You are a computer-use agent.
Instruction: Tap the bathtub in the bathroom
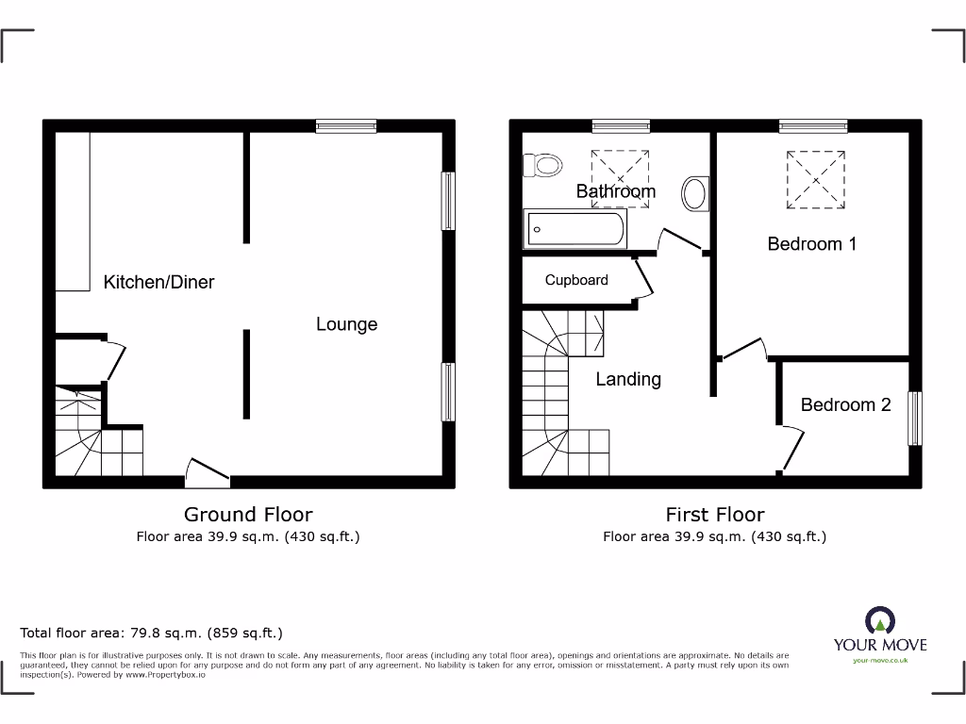coord(575,229)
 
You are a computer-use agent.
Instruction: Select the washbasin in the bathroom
coord(695,193)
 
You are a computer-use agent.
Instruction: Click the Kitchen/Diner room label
coord(158,282)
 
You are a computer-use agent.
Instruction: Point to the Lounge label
coord(346,324)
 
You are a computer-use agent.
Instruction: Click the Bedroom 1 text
coord(811,244)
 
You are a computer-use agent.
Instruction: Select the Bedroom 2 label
coord(845,404)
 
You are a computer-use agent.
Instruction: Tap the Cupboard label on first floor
coord(576,280)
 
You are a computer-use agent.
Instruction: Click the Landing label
coord(627,379)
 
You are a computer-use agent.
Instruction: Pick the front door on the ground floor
coord(208,472)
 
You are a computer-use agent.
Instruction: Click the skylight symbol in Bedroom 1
coord(816,179)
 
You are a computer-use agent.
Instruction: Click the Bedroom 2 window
coord(914,419)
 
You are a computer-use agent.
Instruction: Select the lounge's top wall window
coord(346,125)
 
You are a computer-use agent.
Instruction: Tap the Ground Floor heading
coord(247,514)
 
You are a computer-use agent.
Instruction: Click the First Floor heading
coord(715,514)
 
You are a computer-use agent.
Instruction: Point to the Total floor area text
coord(151,633)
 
